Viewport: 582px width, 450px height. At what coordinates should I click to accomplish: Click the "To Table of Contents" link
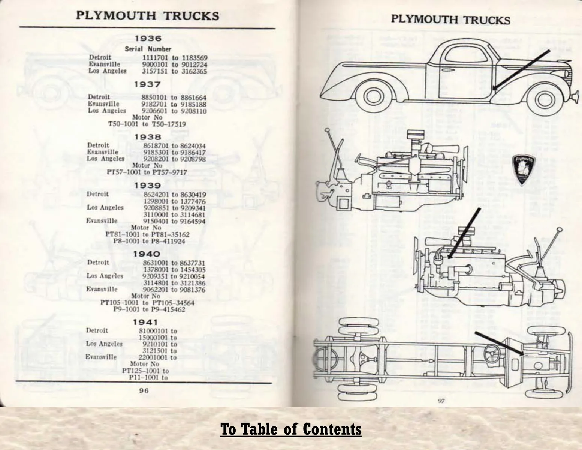click(291, 429)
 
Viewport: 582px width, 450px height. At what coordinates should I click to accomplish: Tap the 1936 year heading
click(148, 39)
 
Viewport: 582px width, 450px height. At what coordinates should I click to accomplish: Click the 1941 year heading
click(145, 322)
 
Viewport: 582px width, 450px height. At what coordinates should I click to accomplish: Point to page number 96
click(144, 390)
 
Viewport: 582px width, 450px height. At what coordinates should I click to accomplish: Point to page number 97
click(441, 401)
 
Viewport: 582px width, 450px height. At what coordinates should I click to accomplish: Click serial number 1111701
click(155, 58)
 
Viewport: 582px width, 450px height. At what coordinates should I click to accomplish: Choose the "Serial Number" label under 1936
click(148, 49)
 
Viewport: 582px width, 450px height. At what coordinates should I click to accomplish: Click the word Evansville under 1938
click(103, 152)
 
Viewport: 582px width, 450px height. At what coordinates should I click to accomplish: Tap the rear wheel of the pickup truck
click(373, 98)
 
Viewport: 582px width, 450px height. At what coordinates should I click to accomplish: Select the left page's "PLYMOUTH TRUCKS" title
click(147, 16)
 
